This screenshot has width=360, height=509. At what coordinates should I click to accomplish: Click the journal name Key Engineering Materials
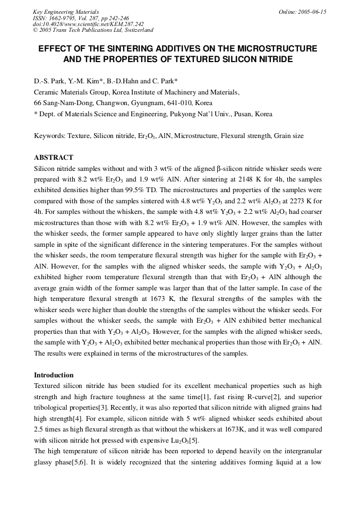(66, 12)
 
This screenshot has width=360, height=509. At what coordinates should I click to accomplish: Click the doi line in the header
(88, 24)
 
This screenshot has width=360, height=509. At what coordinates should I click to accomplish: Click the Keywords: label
(50, 136)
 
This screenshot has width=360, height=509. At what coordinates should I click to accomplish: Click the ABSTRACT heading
(53, 158)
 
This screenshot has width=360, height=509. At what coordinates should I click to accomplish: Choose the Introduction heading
(54, 375)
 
